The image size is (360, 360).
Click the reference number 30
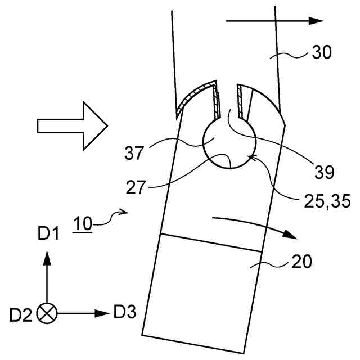point(322,53)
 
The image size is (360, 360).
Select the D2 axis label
point(21,313)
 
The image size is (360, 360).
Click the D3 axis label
point(124,311)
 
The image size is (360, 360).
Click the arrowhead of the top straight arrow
point(317,21)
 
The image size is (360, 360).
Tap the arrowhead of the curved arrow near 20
point(290,233)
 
